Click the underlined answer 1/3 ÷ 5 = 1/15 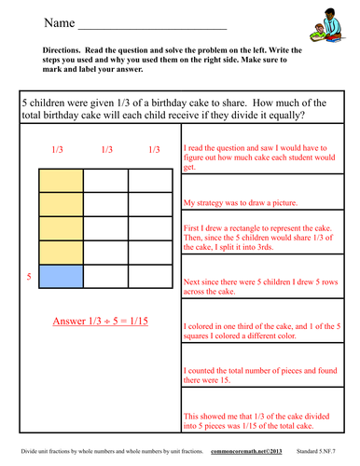coord(104,322)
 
